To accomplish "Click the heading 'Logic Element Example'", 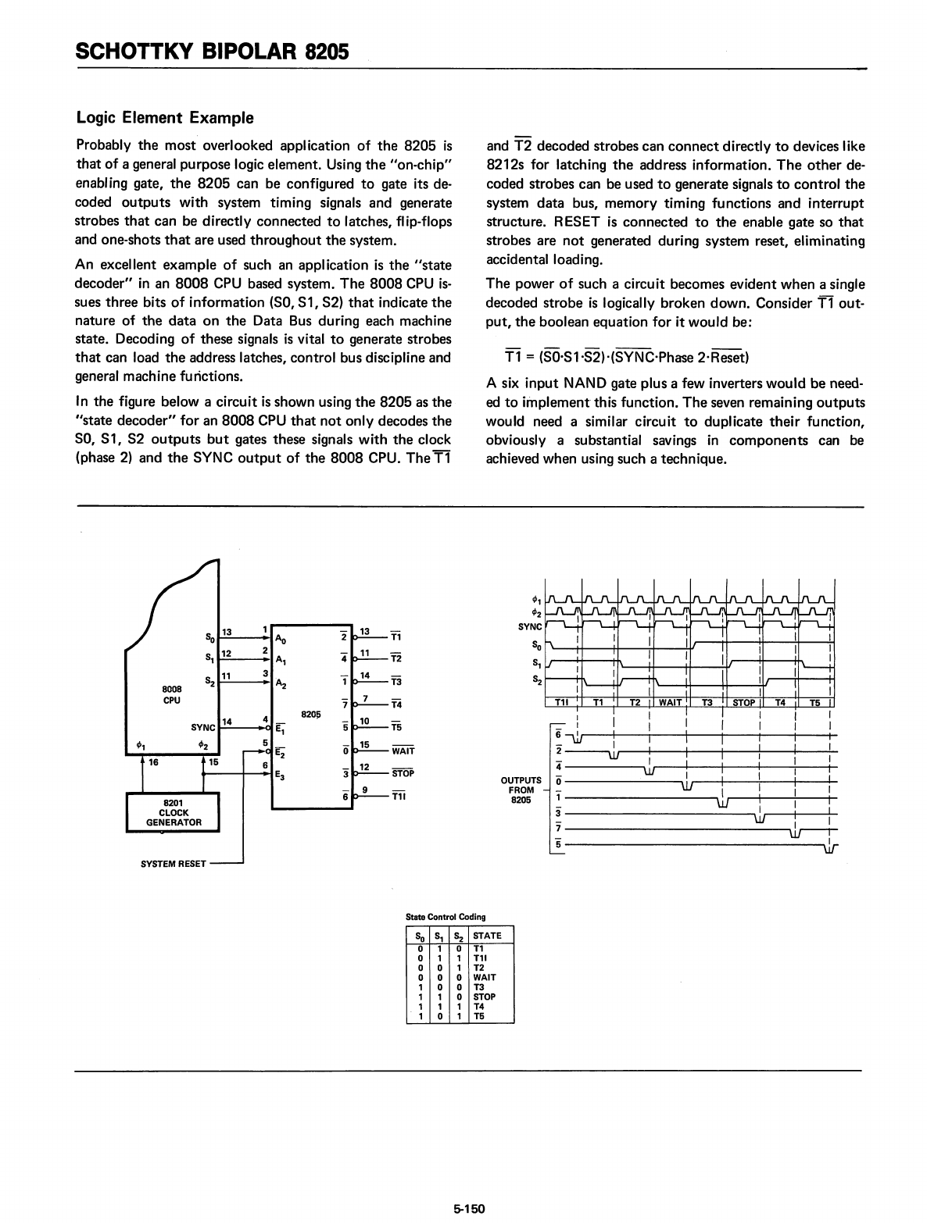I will pyautogui.click(x=165, y=118).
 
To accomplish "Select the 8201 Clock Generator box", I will pyautogui.click(x=173, y=812).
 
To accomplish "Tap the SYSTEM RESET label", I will pyautogui.click(x=173, y=864).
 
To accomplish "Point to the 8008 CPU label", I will pyautogui.click(x=172, y=695).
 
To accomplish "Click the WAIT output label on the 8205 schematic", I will pyautogui.click(x=403, y=751).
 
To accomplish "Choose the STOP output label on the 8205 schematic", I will pyautogui.click(x=403, y=774).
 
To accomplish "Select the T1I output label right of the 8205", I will pyautogui.click(x=399, y=797).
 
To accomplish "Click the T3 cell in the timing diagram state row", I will pyautogui.click(x=707, y=702).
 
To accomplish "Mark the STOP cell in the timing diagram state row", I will pyautogui.click(x=743, y=702).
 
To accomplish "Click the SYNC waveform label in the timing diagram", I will pyautogui.click(x=530, y=626).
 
